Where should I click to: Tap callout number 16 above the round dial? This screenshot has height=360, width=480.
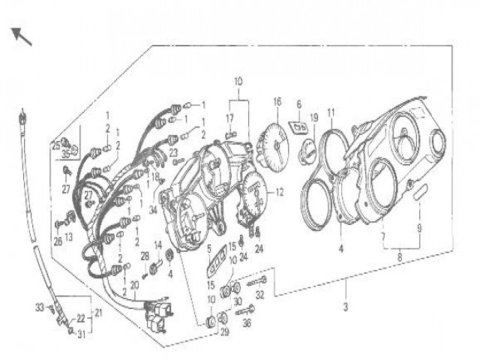click(277, 101)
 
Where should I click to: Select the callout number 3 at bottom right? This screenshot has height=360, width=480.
click(346, 306)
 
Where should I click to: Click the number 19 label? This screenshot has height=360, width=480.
click(314, 117)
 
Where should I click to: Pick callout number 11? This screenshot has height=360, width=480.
click(331, 112)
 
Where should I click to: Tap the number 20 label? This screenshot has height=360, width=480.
click(134, 285)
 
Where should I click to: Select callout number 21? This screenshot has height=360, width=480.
click(97, 313)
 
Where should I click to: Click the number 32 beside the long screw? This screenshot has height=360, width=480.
click(260, 295)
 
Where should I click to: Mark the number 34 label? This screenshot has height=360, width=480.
click(152, 211)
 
